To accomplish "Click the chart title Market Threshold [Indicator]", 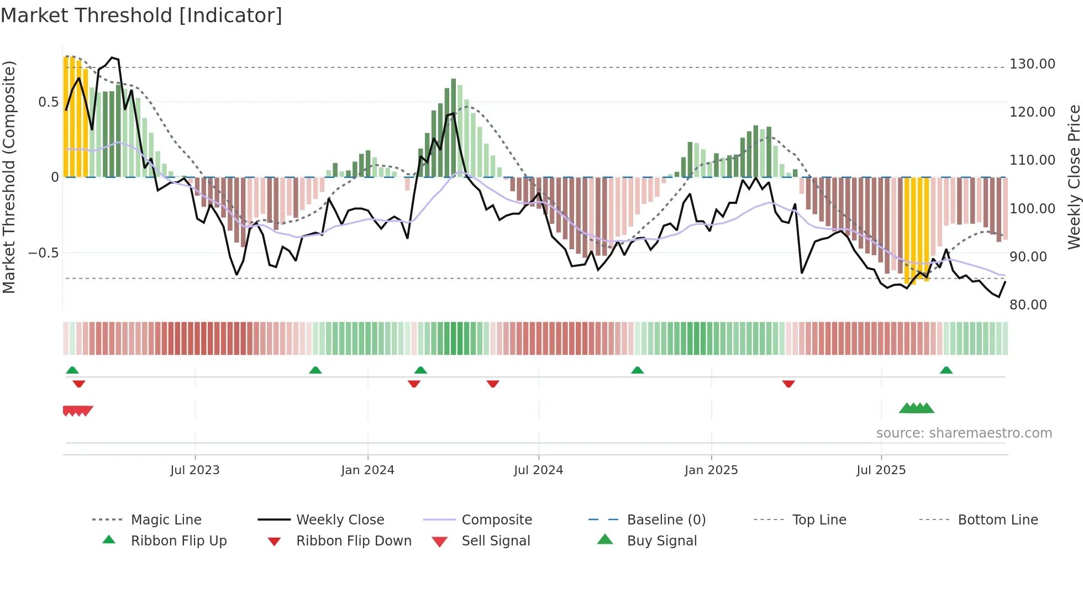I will pos(141,15).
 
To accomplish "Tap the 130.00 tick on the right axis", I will pos(1032,64).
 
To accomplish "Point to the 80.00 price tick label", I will pos(1028,305).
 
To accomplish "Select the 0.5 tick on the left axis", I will pos(48,102).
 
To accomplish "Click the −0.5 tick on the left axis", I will pos(43,253).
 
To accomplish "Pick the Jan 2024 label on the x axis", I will pos(367,470).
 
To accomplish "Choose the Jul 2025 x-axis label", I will pos(881,470).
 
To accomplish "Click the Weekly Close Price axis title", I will pos(1073,177).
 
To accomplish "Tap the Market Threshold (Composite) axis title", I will pos(9,177).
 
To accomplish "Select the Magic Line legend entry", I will pos(166,520).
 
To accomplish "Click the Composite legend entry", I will pos(496,520).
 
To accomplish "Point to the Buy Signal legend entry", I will pos(661,541).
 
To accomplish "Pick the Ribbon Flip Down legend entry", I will pos(354,541).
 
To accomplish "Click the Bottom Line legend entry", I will pos(997,520).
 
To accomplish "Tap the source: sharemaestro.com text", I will pos(964,433).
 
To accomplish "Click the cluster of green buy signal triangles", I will pos(917,409).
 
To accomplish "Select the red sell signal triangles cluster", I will pos(77,411).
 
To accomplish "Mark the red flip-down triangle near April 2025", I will pos(788,384).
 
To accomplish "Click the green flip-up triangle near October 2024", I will pos(637,370).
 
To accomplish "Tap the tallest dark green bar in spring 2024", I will pos(453,128).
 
